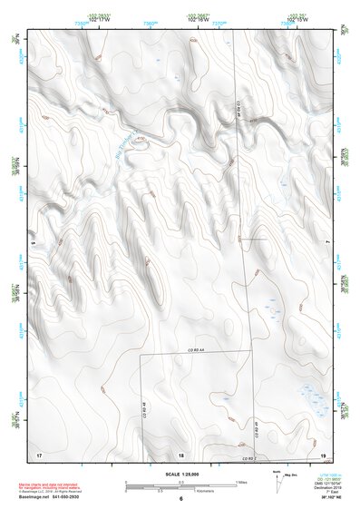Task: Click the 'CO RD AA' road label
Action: [198, 349]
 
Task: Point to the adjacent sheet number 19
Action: [323, 453]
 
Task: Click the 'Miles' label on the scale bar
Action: [240, 481]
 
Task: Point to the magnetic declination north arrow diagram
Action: [277, 482]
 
